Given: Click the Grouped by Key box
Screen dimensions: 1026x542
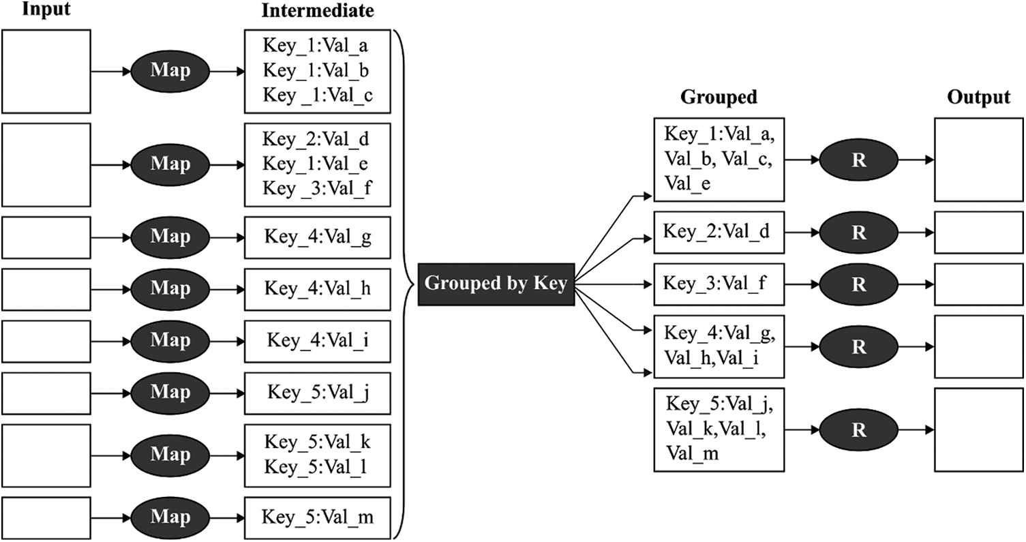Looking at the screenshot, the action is click(496, 284).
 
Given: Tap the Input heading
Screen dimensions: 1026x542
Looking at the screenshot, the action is click(46, 9).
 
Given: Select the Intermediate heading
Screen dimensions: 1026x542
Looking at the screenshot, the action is click(318, 10).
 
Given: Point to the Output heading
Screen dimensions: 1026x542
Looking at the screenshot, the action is click(978, 97).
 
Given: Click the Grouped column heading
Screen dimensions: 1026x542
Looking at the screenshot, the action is click(719, 97).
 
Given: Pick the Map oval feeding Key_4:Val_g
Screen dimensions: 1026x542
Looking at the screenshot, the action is click(170, 237).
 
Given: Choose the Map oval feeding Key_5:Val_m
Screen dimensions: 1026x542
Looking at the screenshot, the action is click(170, 517).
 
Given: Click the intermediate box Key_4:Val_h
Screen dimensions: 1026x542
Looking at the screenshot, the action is click(318, 290).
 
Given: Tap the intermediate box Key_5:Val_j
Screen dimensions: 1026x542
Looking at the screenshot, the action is click(318, 393).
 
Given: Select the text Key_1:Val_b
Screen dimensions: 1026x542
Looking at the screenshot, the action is click(316, 70).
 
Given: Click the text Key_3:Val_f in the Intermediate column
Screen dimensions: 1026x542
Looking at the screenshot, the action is click(317, 188).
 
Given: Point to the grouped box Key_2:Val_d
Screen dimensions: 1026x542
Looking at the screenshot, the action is click(719, 232).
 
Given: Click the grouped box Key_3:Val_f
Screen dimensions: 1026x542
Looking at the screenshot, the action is click(719, 284).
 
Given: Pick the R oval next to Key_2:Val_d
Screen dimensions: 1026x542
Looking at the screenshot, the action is click(859, 232).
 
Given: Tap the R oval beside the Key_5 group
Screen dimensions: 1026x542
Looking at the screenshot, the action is click(859, 430).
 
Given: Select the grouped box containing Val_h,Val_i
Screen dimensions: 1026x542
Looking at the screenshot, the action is click(719, 346).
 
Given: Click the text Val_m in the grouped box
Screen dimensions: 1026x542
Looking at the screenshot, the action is click(692, 453).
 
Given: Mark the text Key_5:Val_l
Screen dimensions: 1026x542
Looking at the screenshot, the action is click(316, 467).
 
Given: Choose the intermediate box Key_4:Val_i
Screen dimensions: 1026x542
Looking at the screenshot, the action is click(318, 342).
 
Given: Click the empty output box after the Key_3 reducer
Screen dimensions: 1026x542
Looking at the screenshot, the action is click(979, 284).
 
